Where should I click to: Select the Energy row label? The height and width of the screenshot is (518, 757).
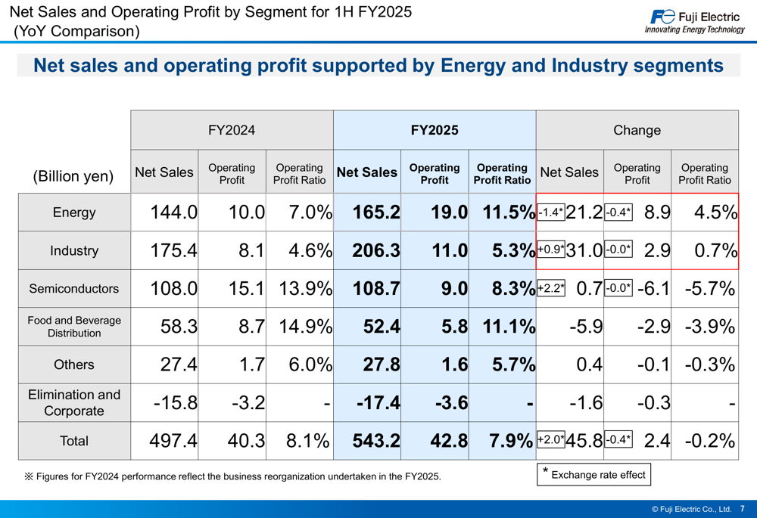[x=74, y=212]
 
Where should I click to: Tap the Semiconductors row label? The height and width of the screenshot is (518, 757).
[x=74, y=289]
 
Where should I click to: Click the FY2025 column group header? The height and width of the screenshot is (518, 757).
[x=435, y=130]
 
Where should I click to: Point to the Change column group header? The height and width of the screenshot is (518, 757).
[x=637, y=130]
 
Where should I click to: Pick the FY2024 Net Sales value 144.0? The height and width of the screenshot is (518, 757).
[x=173, y=212]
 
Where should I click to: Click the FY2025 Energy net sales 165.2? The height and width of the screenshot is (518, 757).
[x=376, y=212]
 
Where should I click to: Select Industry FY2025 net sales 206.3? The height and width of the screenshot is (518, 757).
[x=376, y=251]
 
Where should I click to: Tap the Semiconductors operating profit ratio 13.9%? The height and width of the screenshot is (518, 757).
[x=305, y=289]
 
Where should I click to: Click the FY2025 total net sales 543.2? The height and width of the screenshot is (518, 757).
[x=376, y=441]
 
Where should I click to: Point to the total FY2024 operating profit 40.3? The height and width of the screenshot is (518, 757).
[x=246, y=441]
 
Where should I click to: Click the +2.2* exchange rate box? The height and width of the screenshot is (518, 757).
[x=550, y=288]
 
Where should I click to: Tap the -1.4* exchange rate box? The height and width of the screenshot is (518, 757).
[x=550, y=212]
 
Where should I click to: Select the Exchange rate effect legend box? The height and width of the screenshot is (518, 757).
[x=593, y=475]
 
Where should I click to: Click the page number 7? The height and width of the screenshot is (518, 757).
[x=742, y=509]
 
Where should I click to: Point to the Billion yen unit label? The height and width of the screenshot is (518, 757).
[x=73, y=176]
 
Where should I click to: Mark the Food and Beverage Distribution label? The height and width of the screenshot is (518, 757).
[x=74, y=327]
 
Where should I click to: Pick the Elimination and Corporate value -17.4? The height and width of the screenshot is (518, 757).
[x=378, y=403]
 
